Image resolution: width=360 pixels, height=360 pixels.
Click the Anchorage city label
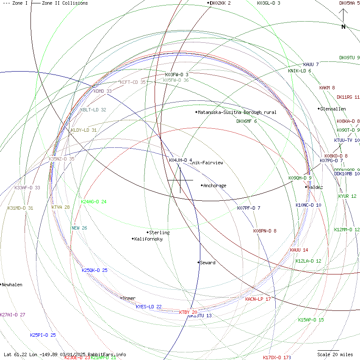[x=215, y=186]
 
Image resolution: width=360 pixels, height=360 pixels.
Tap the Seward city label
[x=208, y=263]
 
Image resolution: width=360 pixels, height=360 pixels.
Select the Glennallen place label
[x=333, y=109]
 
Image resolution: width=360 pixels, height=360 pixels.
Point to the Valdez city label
[x=315, y=187]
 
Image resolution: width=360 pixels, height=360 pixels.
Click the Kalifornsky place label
[x=148, y=239]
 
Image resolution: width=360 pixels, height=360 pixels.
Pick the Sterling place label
[x=159, y=233]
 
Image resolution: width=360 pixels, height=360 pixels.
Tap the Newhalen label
[x=12, y=285]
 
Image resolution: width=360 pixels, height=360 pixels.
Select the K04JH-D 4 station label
[x=180, y=160]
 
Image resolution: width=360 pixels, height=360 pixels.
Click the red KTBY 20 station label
[x=188, y=312]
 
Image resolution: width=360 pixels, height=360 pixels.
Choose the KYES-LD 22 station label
[x=149, y=307]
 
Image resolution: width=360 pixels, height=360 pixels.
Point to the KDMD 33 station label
[x=102, y=91]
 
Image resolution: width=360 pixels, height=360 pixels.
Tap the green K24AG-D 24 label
[x=93, y=202]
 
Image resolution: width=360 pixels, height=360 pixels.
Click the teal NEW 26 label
[x=79, y=228]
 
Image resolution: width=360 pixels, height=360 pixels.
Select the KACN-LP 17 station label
[x=258, y=299]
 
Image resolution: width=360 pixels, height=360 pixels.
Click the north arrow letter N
[x=343, y=27]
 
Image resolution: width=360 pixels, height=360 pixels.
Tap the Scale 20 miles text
[x=335, y=354]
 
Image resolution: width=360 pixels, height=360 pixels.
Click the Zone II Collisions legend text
[x=65, y=3]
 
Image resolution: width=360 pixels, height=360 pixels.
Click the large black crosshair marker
[x=180, y=180]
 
